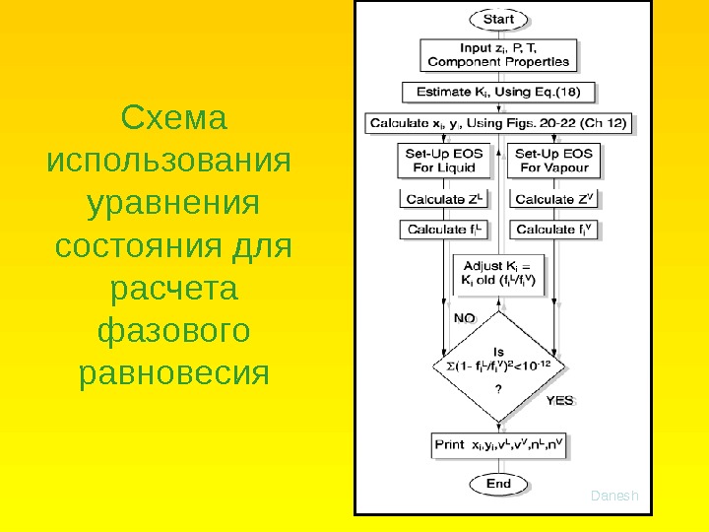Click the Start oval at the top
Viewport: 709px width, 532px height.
(499, 19)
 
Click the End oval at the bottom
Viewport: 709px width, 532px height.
(499, 484)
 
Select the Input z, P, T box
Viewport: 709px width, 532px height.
(498, 54)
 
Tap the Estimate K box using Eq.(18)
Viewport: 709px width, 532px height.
(499, 94)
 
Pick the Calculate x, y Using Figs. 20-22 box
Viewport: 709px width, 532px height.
(499, 125)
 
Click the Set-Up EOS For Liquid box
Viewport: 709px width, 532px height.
(442, 161)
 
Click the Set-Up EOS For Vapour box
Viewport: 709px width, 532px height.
(554, 161)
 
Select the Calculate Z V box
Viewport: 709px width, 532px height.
(555, 199)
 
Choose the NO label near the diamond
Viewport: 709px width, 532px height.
(464, 318)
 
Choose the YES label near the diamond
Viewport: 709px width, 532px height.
(560, 402)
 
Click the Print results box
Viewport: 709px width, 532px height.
(499, 444)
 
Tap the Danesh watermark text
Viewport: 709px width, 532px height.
(614, 496)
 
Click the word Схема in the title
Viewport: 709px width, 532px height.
(173, 119)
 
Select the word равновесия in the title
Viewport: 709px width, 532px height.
(173, 374)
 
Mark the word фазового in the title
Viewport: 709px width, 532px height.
(173, 332)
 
